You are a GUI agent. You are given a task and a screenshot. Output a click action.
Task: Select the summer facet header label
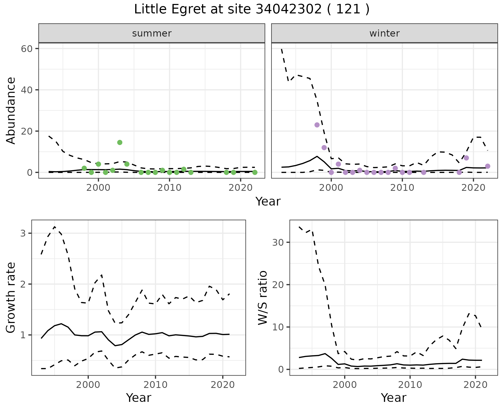click(x=152, y=33)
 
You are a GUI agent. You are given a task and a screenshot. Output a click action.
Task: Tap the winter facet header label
click(x=384, y=33)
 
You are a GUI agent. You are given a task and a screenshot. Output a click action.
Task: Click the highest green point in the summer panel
click(x=120, y=142)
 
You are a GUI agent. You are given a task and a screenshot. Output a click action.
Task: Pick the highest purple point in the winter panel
click(x=317, y=125)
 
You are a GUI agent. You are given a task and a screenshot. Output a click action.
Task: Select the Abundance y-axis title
click(x=11, y=110)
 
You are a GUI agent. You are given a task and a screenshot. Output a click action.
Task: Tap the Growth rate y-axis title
click(x=11, y=298)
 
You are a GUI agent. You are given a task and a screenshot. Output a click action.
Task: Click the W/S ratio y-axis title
click(x=262, y=298)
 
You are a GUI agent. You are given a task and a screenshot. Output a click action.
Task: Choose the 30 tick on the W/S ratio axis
click(x=278, y=242)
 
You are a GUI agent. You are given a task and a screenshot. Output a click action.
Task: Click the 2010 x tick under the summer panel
click(x=170, y=188)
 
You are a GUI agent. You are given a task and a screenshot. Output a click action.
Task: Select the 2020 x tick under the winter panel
click(x=473, y=188)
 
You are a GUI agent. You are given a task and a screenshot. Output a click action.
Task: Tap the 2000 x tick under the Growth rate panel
click(x=88, y=385)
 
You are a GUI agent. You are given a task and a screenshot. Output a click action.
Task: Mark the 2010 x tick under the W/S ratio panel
click(x=410, y=385)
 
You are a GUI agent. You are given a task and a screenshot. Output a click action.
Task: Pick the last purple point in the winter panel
click(x=488, y=166)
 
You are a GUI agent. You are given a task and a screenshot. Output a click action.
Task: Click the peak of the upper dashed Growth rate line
click(x=55, y=227)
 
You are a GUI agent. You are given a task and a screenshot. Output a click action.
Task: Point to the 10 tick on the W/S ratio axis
click(x=278, y=327)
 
